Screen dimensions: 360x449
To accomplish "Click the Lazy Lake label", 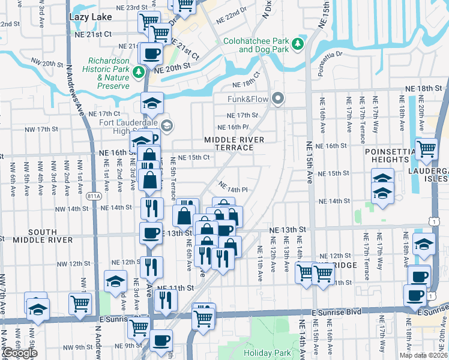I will click(x=90, y=17).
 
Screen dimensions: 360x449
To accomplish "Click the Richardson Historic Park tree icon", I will click(x=139, y=73).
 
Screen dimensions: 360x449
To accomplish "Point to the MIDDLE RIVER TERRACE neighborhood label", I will click(x=234, y=143).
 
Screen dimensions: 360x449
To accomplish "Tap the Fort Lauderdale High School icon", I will click(x=166, y=125).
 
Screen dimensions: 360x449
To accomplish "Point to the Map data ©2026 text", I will click(x=424, y=355).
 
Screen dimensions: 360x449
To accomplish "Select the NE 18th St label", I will click(x=423, y=89).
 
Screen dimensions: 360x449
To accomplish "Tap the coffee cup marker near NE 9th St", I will click(x=160, y=341).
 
